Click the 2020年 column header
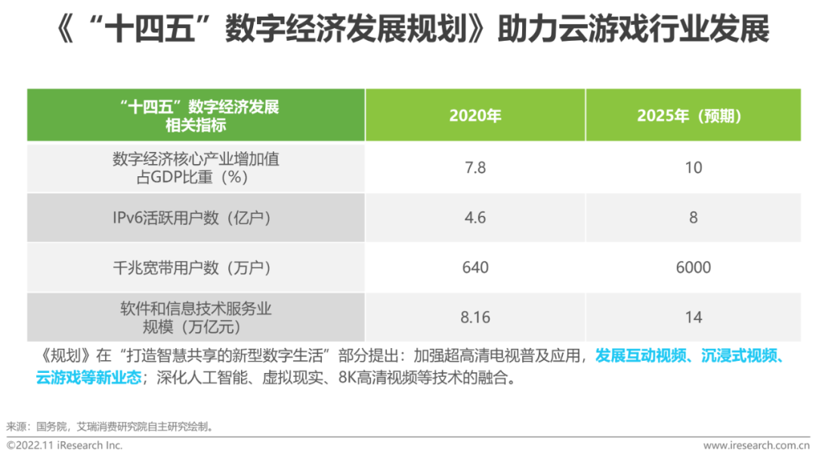click(x=475, y=116)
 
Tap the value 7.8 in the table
click(x=475, y=168)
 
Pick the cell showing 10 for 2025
click(x=694, y=168)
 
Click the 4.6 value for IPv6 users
click(x=475, y=218)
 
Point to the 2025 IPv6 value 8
click(x=694, y=218)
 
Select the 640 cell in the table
click(x=475, y=268)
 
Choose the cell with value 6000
click(x=694, y=268)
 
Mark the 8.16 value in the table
click(x=475, y=318)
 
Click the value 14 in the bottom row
click(x=694, y=318)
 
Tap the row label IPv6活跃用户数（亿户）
click(x=196, y=218)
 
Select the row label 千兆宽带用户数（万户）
click(x=196, y=268)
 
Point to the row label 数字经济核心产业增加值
click(x=196, y=159)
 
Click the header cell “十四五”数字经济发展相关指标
click(x=196, y=116)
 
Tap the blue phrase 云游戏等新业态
click(x=88, y=378)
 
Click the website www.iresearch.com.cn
click(x=756, y=446)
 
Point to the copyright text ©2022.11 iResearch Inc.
click(x=65, y=446)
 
